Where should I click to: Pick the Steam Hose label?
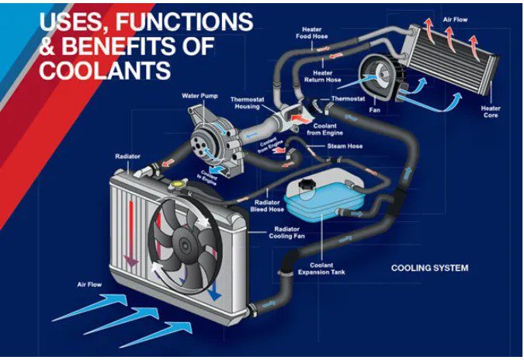click(344, 145)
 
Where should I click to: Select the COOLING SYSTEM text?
click(429, 268)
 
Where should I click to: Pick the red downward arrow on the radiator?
click(133, 233)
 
